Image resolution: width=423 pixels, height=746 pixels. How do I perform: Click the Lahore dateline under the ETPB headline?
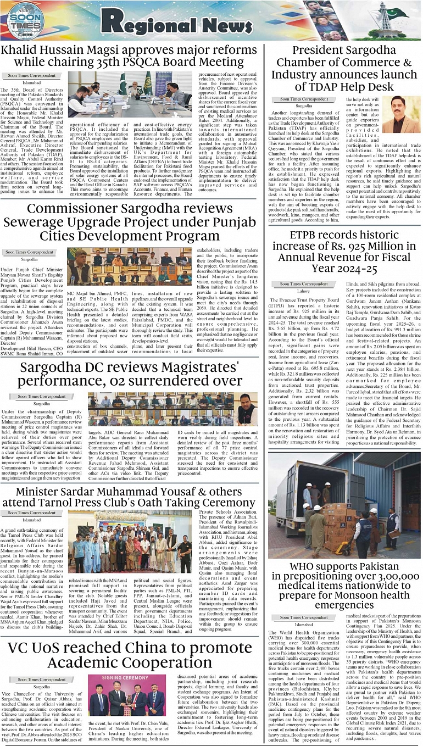(x=303, y=292)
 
